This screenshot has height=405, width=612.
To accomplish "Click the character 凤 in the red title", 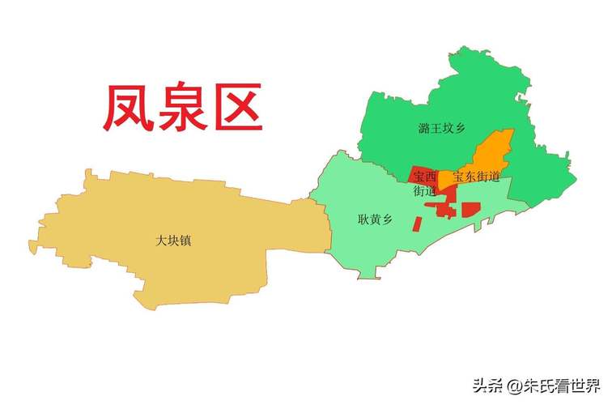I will point(130,109).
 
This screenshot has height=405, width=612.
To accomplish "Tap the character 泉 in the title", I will point(182,109).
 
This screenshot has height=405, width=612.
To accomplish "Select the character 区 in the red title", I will point(236,109).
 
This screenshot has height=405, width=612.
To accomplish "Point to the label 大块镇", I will point(175,241).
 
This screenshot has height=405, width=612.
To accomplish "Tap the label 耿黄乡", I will point(374,218).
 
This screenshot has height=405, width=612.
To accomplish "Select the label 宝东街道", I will point(478,177).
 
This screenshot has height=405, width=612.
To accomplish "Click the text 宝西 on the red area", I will point(424,177).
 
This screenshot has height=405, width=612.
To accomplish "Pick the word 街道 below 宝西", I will point(424,191).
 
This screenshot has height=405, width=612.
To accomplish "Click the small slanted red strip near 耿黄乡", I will point(418,223).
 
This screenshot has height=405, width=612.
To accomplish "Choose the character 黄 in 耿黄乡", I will point(374,218).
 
